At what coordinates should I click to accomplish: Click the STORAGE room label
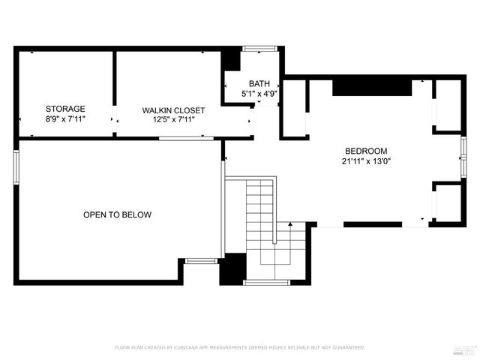(65, 109)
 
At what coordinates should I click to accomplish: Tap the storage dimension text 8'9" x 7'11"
(65, 118)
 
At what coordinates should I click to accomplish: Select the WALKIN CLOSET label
(173, 110)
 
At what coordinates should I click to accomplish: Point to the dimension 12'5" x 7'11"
(173, 120)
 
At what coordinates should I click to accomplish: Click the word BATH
(259, 84)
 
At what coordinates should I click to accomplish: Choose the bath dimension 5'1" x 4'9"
(259, 94)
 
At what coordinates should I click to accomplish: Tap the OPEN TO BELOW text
(117, 215)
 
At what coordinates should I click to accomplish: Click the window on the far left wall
(16, 166)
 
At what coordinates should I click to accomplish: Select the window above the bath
(259, 49)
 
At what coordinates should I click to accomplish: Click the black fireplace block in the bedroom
(372, 87)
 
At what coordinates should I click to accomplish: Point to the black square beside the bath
(232, 60)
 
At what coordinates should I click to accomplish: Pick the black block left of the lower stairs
(232, 268)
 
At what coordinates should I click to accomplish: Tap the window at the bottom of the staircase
(266, 283)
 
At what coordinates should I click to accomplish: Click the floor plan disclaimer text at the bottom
(239, 348)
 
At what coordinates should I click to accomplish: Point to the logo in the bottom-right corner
(465, 348)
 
